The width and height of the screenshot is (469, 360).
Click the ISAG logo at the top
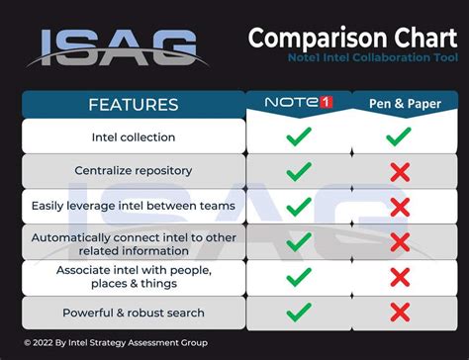coord(117,48)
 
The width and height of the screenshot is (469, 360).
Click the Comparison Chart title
coord(352,39)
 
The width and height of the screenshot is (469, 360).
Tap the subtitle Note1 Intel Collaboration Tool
coord(373,57)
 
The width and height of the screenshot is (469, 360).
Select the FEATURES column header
coord(134,105)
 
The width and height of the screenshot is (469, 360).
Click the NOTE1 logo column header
coord(299,102)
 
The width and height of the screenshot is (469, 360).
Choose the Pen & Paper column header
coord(405,104)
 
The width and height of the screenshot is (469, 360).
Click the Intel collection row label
coord(134,137)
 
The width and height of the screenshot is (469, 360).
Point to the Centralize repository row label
coord(134,171)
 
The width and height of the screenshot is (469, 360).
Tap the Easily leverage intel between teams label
coord(134,206)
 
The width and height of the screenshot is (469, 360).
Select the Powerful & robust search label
coord(134,313)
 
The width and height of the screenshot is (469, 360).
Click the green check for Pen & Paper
coord(399,136)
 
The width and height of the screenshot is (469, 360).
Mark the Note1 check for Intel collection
coord(299,136)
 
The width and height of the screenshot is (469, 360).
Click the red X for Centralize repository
coord(400,172)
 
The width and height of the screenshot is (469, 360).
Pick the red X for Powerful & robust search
coord(400,313)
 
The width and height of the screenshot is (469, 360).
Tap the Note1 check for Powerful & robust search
coord(299,313)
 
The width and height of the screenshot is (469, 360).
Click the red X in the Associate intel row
coord(400,277)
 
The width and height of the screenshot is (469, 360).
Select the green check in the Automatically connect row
coord(299,242)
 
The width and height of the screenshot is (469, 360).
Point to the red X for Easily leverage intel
coord(400,208)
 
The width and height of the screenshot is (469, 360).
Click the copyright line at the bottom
coord(116,343)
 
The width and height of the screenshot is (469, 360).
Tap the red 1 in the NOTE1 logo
coord(327,102)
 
